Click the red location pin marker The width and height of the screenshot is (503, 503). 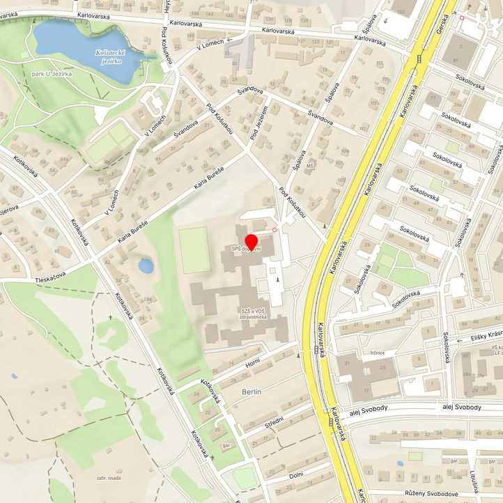point(251,242)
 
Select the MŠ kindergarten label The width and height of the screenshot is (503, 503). point(311,165)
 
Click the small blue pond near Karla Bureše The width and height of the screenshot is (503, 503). point(146,265)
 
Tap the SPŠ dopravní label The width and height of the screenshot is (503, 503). point(247,249)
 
